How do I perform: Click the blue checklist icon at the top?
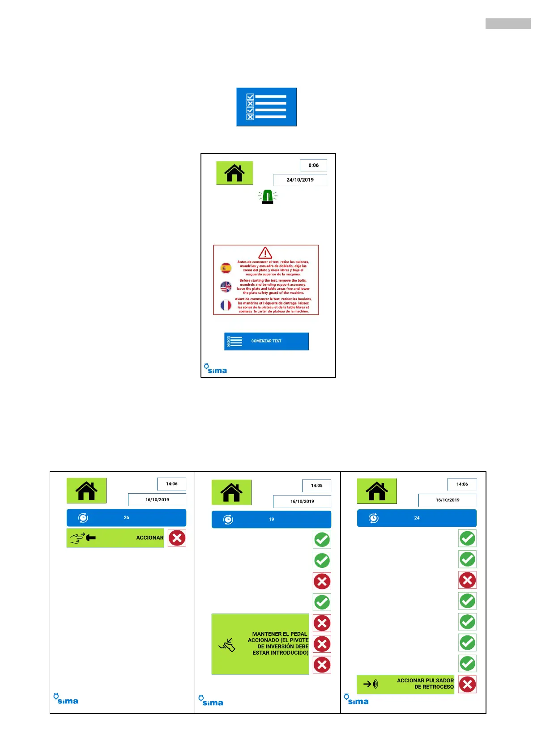(266, 107)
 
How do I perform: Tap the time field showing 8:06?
(313, 165)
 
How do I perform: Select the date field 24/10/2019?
(300, 180)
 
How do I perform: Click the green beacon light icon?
(268, 197)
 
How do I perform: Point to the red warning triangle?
(265, 253)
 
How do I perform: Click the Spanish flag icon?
(226, 268)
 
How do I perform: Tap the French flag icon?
(226, 305)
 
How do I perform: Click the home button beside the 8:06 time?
(235, 173)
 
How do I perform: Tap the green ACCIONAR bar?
(115, 538)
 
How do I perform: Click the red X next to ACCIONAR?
(177, 538)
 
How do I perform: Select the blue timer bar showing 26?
(126, 518)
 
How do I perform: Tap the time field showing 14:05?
(316, 486)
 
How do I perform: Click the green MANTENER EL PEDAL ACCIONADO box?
(260, 644)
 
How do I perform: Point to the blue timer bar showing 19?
(271, 520)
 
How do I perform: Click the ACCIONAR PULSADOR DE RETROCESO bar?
(405, 684)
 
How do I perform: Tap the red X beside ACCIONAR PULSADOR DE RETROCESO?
(467, 684)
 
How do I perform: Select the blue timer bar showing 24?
(417, 518)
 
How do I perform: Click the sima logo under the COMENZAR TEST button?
(216, 369)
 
